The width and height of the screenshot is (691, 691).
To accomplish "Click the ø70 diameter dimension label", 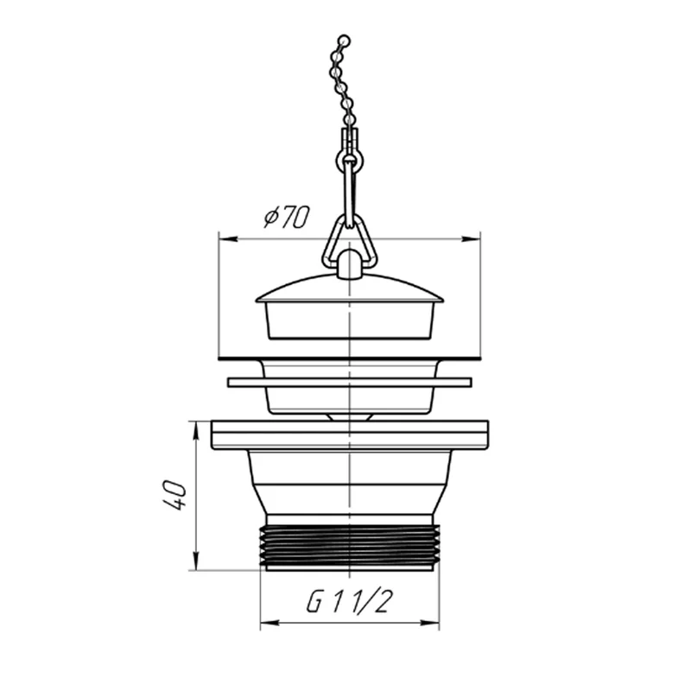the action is [287, 217].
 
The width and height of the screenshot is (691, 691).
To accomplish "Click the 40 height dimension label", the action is [174, 496].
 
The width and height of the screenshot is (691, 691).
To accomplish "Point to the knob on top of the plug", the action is [350, 263].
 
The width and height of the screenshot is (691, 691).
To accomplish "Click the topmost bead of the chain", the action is [345, 41].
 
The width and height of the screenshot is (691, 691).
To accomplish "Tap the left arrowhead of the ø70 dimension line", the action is [228, 239].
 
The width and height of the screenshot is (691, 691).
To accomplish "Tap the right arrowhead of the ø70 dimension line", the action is [471, 239].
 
